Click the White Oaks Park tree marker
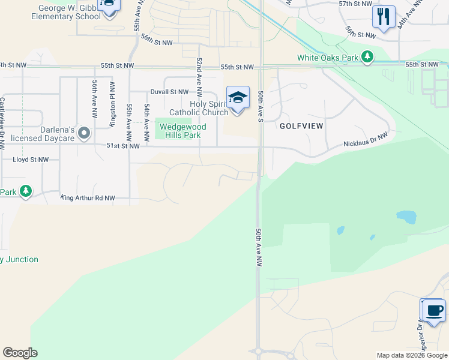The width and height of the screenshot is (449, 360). click(367, 58)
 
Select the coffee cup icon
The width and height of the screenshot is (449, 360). click(433, 310)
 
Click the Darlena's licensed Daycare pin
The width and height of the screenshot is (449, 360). click(84, 132)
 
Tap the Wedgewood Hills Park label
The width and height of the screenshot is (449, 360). click(179, 131)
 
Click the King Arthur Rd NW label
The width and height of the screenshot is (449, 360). click(87, 197)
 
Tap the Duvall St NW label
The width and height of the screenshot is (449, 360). click(169, 92)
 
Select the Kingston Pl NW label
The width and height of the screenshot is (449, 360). click(112, 101)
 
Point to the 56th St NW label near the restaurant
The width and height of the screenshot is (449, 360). click(360, 32)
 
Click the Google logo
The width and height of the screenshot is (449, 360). click(20, 353)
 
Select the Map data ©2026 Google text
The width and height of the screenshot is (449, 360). click(412, 355)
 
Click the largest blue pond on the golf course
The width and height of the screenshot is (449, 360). click(406, 217)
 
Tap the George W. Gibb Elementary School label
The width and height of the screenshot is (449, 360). click(69, 13)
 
